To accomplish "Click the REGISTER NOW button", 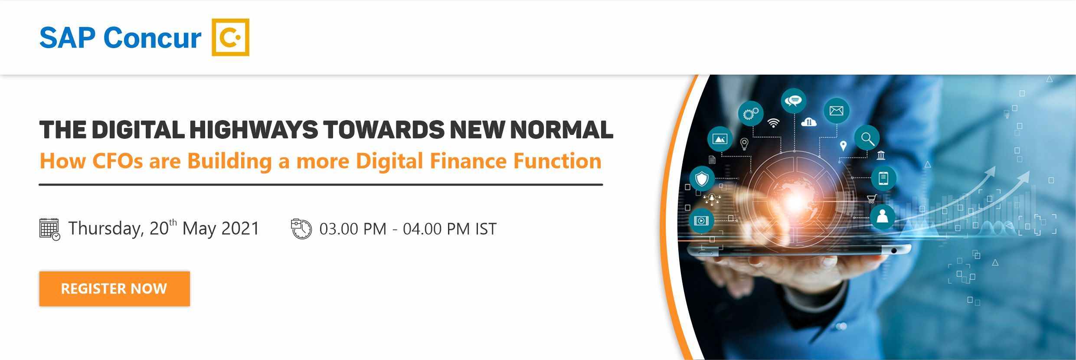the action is pos(114,289).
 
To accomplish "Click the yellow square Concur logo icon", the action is pos(230,37).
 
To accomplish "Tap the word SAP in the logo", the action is pos(67,38).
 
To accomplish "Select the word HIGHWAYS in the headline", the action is pos(254,130).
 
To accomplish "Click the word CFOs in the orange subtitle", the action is pos(118,161).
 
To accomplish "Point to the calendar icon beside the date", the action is pos(49,229).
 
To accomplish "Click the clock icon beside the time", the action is pos(301,229).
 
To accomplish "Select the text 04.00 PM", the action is pos(436,229).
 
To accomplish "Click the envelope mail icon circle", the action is pos(836,111).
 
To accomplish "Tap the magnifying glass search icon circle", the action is pos(867,139).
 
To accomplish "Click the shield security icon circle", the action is pos(702,178).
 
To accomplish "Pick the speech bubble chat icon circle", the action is pos(794,101).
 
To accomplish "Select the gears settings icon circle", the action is pos(751,114).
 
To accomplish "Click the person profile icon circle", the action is pos(883,216).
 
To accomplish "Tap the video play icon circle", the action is pos(701,220).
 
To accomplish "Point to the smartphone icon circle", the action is pos(883,178).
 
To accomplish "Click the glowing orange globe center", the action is pos(796,200).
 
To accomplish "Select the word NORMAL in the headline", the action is pos(562,130).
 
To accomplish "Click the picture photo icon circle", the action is pos(720,139).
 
